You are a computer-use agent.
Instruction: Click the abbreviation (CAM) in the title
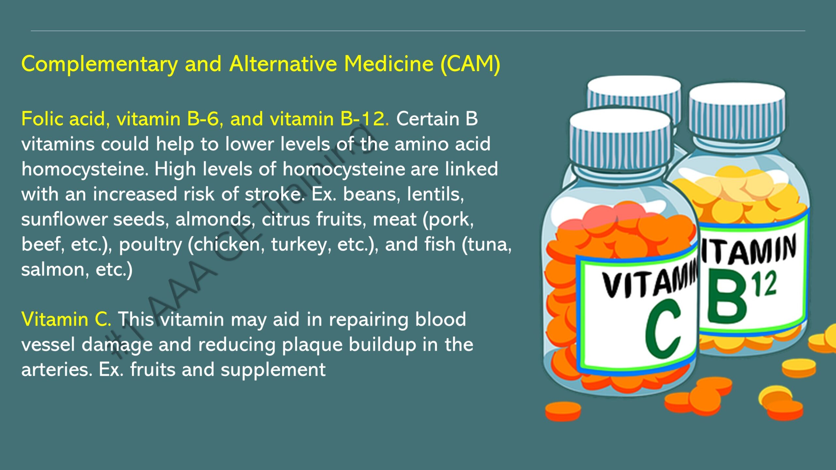(x=470, y=64)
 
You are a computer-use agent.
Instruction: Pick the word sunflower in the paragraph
(x=64, y=219)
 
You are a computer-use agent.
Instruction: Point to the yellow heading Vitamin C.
(x=66, y=319)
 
